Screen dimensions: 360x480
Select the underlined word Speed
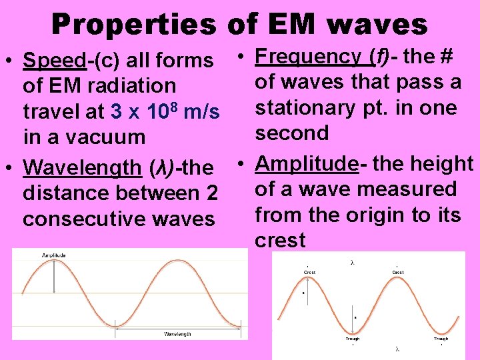point(55,61)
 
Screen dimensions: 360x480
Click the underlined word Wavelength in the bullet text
point(82,167)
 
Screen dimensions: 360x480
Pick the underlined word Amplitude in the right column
point(307,163)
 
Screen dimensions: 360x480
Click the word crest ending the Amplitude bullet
point(280,240)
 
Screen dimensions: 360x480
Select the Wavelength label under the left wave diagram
point(177,333)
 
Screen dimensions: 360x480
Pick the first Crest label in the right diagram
point(309,273)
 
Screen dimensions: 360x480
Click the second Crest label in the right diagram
point(397,273)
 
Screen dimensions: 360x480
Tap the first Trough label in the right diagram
point(353,339)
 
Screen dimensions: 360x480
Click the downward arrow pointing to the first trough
point(353,313)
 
